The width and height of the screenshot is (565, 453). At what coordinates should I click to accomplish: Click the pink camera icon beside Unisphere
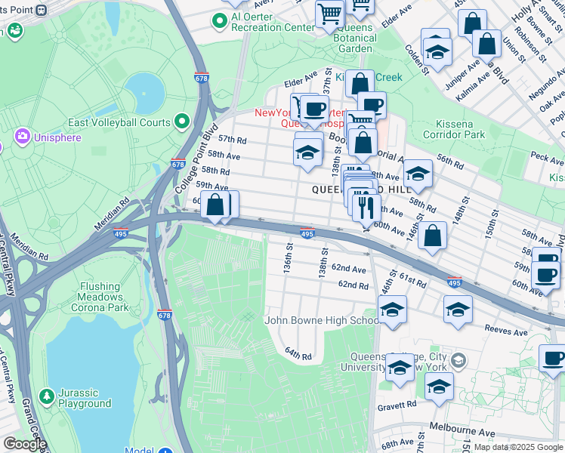tap(21, 136)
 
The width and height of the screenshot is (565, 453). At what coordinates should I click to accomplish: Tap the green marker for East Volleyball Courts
tap(182, 122)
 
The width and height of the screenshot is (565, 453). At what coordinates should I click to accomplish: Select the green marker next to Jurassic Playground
tap(47, 396)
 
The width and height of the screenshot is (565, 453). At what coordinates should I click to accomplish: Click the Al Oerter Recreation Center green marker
tap(220, 20)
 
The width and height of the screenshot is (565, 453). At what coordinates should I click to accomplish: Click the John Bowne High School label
tap(321, 320)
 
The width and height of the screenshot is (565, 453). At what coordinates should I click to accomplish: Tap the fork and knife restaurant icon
tap(367, 207)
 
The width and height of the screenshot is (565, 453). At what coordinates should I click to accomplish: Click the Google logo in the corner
tap(25, 444)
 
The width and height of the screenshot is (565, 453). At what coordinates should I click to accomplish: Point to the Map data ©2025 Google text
tap(518, 447)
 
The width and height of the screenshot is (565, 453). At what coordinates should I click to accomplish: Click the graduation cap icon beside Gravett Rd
tap(439, 387)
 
